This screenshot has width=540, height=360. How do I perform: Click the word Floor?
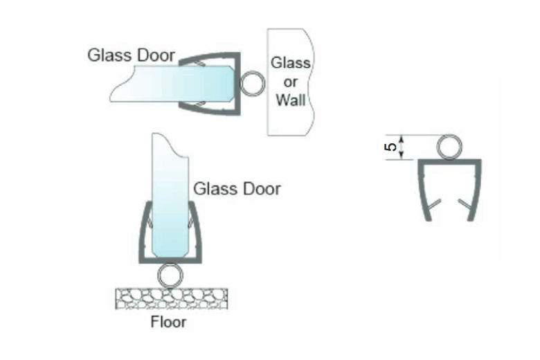pos(169,322)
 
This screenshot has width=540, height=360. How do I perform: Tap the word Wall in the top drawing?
pos(291,100)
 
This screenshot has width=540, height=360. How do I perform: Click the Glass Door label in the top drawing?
pos(132,55)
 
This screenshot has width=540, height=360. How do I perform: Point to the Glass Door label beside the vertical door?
pos(237,188)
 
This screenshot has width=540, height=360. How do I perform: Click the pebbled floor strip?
pos(171,298)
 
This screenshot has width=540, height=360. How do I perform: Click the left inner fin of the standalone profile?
pos(434,205)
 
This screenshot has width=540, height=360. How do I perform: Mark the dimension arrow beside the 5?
pos(405,147)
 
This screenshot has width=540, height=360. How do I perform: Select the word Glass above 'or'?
pos(291,64)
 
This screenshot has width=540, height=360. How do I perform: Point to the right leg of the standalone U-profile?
pos(474,194)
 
